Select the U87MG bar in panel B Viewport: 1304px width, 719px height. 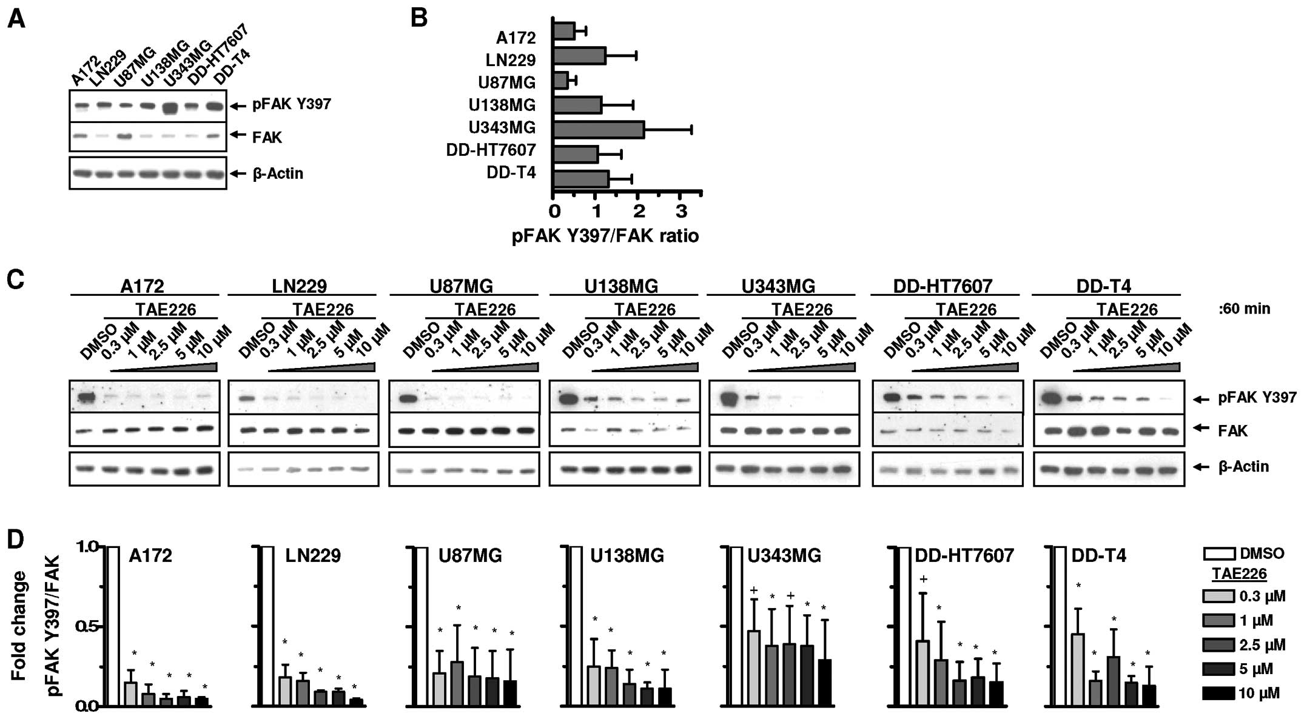560,81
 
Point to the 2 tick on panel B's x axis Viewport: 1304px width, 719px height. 639,212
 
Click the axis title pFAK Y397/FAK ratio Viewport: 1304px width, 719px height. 605,236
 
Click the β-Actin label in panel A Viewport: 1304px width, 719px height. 277,173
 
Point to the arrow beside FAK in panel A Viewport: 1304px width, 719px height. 238,135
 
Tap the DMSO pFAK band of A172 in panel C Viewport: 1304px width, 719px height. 85,398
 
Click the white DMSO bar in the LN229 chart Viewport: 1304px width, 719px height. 267,626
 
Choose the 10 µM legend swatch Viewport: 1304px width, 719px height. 1218,693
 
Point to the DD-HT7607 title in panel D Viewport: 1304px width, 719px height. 964,555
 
